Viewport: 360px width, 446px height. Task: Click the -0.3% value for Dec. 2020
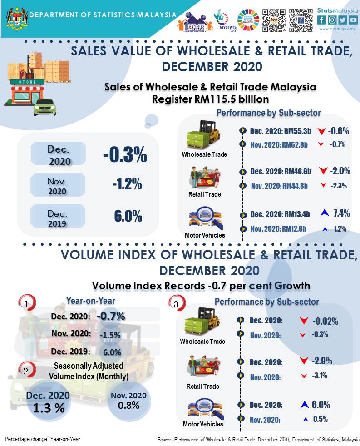point(125,155)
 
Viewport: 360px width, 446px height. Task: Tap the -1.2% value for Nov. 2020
point(127,185)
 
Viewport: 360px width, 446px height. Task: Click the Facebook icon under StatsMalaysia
point(322,20)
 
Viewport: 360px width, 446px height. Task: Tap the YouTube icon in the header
point(352,20)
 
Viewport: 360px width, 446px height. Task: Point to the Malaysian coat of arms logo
point(16,16)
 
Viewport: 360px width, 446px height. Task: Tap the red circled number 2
point(26,370)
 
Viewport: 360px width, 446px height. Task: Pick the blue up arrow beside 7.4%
point(324,213)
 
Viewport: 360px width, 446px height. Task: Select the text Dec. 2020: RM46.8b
point(281,172)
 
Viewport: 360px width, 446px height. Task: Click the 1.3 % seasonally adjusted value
point(48,407)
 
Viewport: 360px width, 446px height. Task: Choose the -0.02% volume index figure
point(325,322)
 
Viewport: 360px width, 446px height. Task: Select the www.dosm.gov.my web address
point(337,28)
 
